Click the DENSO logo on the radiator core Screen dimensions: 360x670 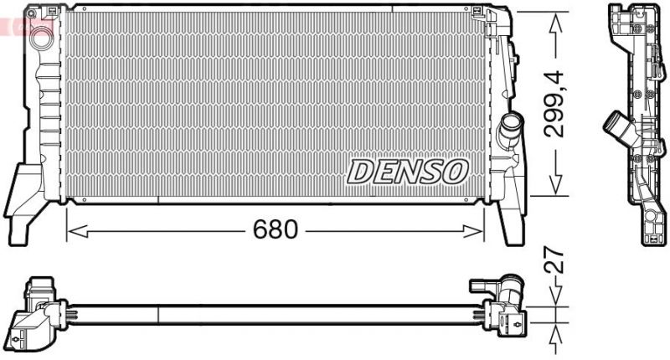[x=406, y=171]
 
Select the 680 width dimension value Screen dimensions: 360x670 [x=276, y=229]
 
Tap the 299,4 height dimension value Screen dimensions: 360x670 [x=554, y=104]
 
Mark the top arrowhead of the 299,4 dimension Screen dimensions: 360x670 [x=554, y=20]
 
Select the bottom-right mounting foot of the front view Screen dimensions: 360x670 [x=510, y=222]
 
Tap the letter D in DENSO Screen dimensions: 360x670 [x=361, y=172]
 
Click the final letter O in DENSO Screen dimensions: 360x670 [x=451, y=172]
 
